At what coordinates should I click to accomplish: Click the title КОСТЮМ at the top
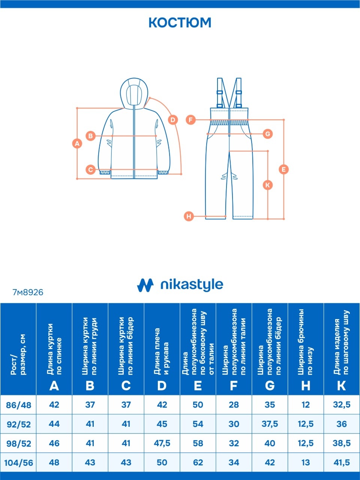coord(180,22)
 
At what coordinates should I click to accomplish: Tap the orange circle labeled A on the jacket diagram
coord(77,144)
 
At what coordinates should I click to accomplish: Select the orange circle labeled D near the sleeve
coord(172,120)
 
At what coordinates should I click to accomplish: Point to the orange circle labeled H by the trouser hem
coord(189,216)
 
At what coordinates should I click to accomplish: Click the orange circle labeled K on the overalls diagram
coord(267,185)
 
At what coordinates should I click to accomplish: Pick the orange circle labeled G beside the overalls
coord(268,133)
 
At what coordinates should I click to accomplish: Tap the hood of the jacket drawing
coord(134,93)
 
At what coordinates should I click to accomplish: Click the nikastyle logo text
coord(192,285)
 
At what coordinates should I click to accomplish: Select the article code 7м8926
coord(28,292)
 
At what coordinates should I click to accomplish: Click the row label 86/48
coord(19,405)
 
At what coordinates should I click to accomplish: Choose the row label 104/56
coord(19,463)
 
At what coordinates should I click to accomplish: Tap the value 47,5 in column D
coord(162,444)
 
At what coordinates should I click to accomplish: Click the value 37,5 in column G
coord(270,424)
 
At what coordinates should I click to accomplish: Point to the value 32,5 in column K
coord(342,405)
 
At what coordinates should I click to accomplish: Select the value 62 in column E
coord(198,463)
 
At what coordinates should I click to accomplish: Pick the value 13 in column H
coord(306,463)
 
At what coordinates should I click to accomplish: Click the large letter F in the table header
coord(234,386)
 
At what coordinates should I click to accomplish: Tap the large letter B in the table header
coord(90,386)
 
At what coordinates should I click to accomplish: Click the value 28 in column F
coord(234,405)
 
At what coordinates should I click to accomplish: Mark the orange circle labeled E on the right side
coord(284,169)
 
